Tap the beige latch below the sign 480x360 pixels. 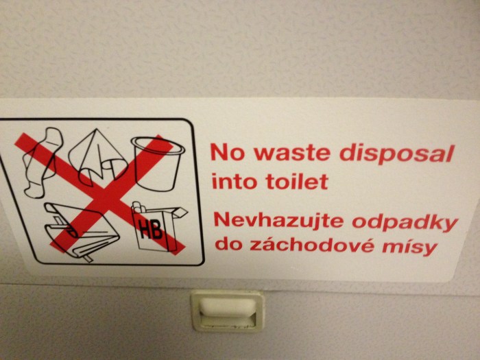[226, 309]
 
